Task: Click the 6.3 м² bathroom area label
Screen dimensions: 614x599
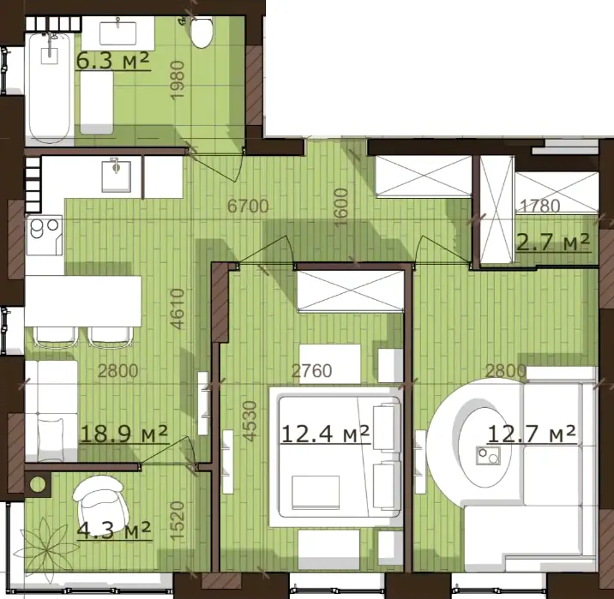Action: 113,61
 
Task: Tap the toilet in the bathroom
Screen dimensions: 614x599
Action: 202,32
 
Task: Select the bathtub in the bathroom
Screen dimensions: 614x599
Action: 50,88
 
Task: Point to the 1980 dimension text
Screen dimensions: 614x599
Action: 178,81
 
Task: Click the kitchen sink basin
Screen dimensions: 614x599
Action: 117,177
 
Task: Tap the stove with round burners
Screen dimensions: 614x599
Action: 45,236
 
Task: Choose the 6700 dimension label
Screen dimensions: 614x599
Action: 248,207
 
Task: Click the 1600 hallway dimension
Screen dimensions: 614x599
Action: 341,207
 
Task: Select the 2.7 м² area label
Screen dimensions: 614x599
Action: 553,242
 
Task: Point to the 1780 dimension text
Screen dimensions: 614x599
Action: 540,206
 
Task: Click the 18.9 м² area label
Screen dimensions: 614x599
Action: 123,433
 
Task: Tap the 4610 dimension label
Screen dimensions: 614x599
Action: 178,308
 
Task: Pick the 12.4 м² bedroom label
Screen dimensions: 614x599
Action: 325,434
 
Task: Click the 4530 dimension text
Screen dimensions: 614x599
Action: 250,421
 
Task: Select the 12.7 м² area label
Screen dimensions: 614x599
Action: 532,434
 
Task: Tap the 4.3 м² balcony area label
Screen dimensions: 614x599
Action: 113,530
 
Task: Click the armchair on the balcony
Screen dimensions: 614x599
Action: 100,504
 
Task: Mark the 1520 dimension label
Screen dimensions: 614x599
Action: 178,522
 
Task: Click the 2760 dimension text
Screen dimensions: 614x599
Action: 312,370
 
